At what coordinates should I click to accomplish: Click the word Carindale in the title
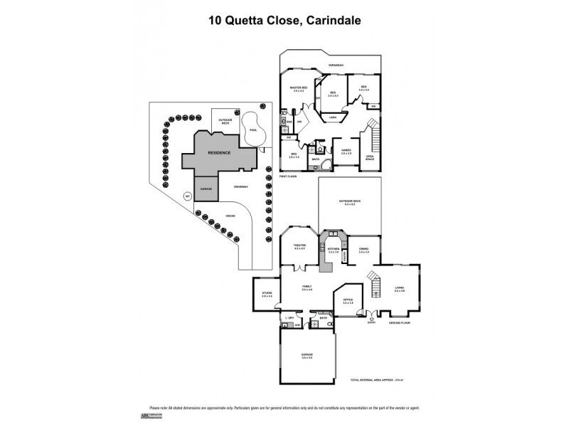331,21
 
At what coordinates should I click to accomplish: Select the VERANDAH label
336,65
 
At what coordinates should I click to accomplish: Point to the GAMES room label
346,151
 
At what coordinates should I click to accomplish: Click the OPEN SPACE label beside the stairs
370,157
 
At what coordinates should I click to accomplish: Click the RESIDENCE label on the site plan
220,152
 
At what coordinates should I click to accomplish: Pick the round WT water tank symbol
188,196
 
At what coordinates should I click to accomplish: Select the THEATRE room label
299,246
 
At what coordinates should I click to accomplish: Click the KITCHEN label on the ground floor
333,249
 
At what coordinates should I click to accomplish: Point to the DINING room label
364,249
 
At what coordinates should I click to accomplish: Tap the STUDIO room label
267,294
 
